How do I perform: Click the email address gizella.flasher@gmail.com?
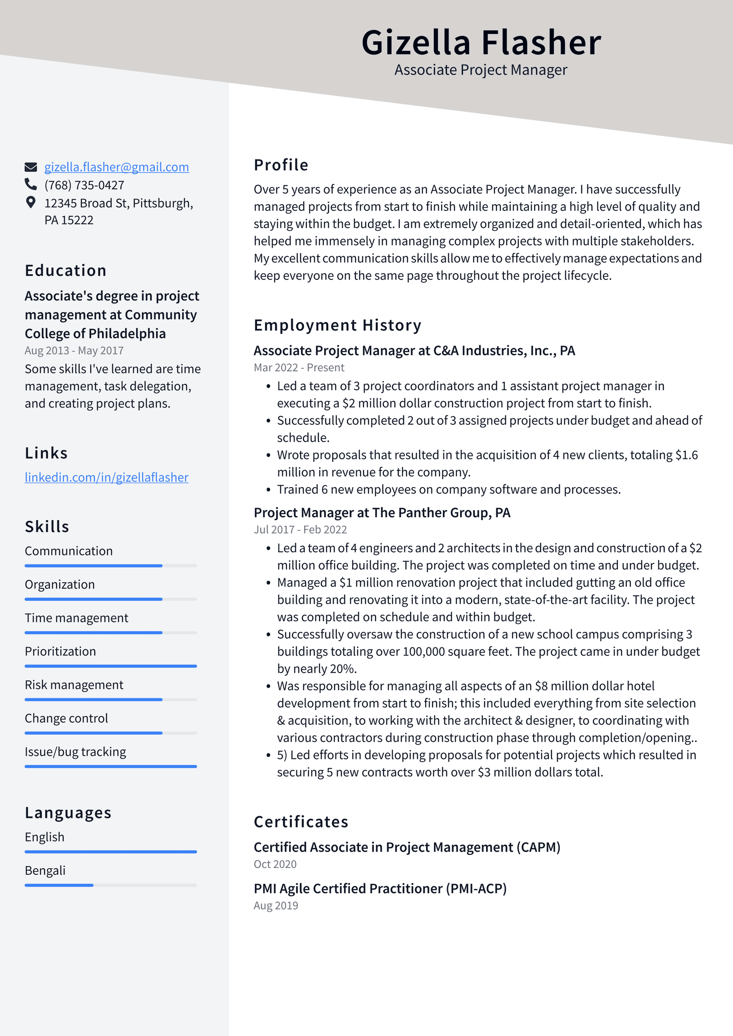(116, 167)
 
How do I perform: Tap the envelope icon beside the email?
(31, 167)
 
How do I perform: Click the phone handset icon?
(31, 184)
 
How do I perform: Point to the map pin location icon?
(31, 202)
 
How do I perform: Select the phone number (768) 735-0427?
(84, 185)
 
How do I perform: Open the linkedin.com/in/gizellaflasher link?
(106, 477)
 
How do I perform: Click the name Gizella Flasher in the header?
(481, 42)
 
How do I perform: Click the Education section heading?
(66, 270)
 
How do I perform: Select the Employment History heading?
(337, 325)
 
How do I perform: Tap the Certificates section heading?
(301, 822)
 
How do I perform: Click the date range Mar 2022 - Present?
(299, 367)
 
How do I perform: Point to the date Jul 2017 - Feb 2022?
(300, 530)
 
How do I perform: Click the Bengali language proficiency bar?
(110, 885)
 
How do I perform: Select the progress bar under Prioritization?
(110, 666)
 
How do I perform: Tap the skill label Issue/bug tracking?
(75, 752)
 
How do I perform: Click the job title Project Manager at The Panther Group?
(382, 512)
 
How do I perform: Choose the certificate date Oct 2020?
(275, 864)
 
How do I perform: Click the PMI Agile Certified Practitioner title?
(380, 888)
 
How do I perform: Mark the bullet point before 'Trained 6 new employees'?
(268, 490)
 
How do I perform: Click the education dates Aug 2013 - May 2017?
(74, 351)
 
